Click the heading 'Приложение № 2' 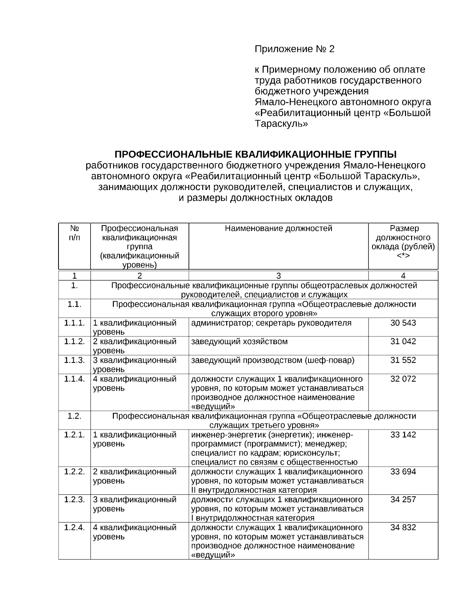coord(294,49)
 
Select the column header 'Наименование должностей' coord(278,229)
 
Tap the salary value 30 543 coord(403,323)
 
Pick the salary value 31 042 coord(403,341)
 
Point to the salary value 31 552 coord(403,360)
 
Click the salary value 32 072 coord(403,379)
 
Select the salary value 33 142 coord(403,435)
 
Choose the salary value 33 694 coord(403,472)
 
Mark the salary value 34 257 coord(403,500)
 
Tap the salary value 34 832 coord(403,528)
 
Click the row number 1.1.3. coord(74,360)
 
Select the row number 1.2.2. coord(74,472)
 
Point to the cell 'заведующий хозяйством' coord(239,342)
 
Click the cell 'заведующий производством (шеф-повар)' coord(273,360)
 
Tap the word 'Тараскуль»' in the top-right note coord(281,124)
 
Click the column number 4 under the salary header coord(403,276)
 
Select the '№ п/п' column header coord(74,233)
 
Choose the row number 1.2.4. coord(74,528)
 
